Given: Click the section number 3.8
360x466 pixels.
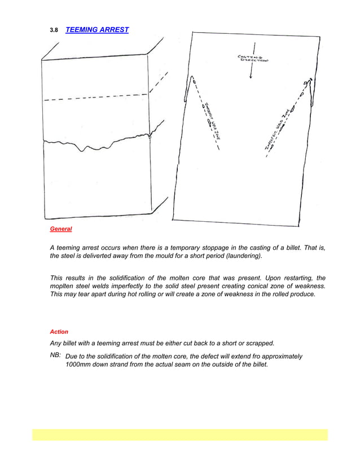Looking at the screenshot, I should tap(54, 30).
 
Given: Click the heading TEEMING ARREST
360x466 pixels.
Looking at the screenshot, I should tap(97, 30).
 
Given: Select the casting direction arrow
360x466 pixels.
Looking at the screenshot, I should tap(251, 71).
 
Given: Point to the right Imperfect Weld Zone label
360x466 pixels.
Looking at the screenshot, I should tap(280, 129).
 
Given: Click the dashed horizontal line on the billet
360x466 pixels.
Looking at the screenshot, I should tap(96, 97).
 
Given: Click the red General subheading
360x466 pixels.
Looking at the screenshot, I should tap(61, 229).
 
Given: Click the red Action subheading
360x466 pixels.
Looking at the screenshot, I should tap(59, 332).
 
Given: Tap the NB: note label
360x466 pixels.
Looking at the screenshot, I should tap(56, 355).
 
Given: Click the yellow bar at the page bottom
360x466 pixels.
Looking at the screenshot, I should tap(179, 434).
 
